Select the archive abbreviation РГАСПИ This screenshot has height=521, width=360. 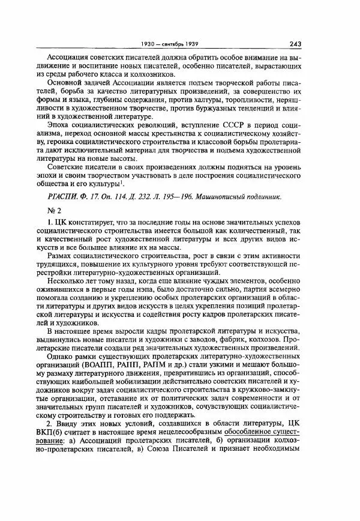[65, 197]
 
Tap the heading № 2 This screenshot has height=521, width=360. [55, 211]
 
